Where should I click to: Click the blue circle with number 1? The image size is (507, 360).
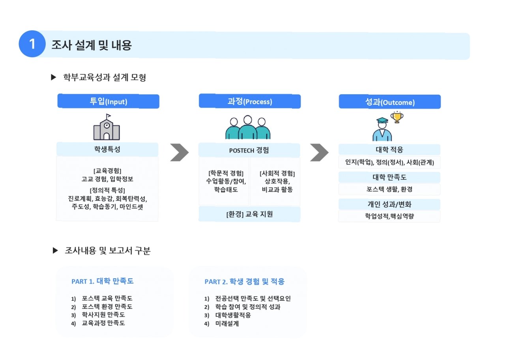coord(32,44)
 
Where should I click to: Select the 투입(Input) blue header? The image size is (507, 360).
coord(109,101)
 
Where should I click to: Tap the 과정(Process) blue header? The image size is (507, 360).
coord(249,101)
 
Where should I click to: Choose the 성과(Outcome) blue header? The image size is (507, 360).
coord(389,102)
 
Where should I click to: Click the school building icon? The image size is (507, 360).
coord(107,127)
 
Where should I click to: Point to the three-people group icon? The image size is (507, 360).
coord(248,127)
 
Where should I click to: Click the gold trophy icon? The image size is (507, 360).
coord(397,117)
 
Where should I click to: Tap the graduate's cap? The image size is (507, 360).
coord(382,121)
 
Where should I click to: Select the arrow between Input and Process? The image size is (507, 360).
coord(180,152)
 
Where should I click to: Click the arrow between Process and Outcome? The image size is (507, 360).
coord(319,152)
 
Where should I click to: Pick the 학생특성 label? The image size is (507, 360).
coord(107,150)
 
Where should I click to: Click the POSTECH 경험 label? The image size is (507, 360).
coord(249,150)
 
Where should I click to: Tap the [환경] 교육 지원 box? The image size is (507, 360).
coord(249,214)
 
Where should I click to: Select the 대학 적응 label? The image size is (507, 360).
coord(389,150)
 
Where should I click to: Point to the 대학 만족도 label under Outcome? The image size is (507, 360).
coord(389,177)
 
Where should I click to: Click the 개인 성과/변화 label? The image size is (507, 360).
coord(389,204)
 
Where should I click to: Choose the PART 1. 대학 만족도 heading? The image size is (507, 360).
coord(103,281)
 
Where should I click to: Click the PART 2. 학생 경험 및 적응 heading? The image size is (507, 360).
coord(245,281)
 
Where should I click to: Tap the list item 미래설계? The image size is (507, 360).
coord(227,324)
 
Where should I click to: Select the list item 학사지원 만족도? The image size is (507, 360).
coord(103,315)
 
